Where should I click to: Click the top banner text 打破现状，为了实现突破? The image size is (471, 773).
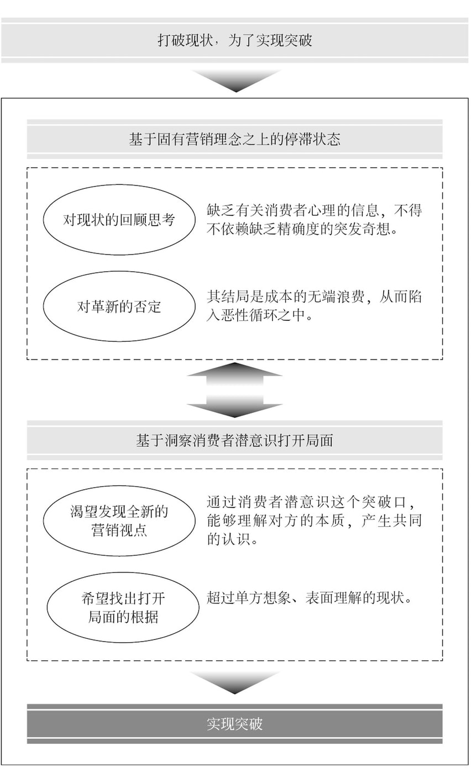click(x=235, y=40)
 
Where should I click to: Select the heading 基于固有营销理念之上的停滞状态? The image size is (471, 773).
click(x=234, y=139)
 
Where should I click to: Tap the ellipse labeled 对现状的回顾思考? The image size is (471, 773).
click(x=119, y=220)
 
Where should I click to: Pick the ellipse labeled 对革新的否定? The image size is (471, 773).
click(x=119, y=306)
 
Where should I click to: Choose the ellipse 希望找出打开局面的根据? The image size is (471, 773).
click(x=123, y=607)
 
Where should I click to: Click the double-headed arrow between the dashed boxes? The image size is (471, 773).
click(x=234, y=390)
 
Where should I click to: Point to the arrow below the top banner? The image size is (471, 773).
click(x=236, y=81)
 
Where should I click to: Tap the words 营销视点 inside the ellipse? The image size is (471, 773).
click(x=119, y=530)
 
